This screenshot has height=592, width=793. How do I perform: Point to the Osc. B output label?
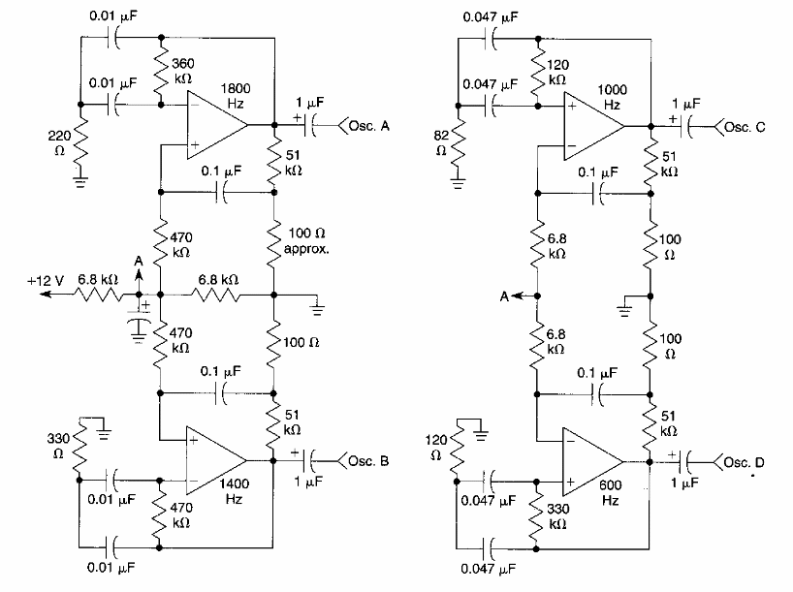click(366, 460)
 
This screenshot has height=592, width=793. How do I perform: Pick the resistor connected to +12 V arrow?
click(98, 294)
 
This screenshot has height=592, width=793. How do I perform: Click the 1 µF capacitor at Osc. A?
click(309, 125)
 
